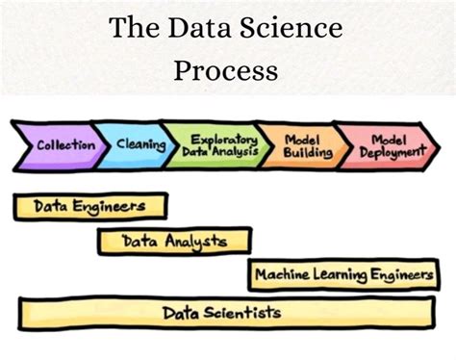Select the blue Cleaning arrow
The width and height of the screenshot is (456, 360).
[138, 145]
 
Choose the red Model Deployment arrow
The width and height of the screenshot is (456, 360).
[385, 146]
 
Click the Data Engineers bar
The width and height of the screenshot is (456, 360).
[89, 207]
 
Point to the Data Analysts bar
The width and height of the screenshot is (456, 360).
[174, 241]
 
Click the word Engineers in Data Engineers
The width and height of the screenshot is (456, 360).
[114, 207]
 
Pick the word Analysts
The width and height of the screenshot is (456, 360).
[198, 241]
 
